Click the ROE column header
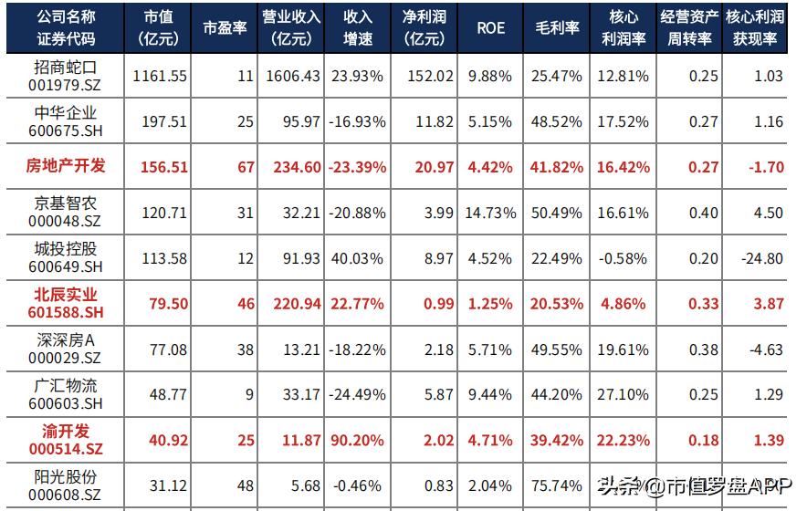490,28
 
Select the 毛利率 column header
557,28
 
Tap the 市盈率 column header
225,28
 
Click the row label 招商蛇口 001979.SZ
66,77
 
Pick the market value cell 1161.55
160,77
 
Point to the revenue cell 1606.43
293,77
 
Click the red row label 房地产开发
66,167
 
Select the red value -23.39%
359,167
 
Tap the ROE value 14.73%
491,213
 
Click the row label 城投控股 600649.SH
66,258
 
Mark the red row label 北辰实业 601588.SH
66,304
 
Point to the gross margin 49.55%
557,349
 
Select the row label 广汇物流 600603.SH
66,395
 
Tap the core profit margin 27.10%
624,395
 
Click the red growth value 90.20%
359,441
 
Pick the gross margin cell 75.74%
557,486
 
